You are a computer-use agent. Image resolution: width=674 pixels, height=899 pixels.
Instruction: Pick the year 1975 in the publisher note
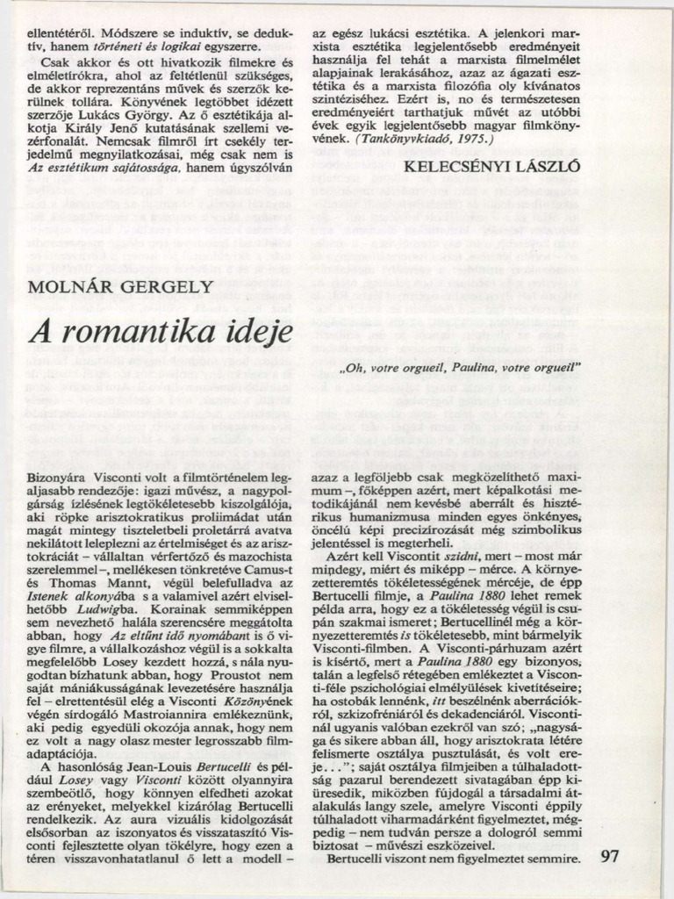(x=475, y=139)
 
